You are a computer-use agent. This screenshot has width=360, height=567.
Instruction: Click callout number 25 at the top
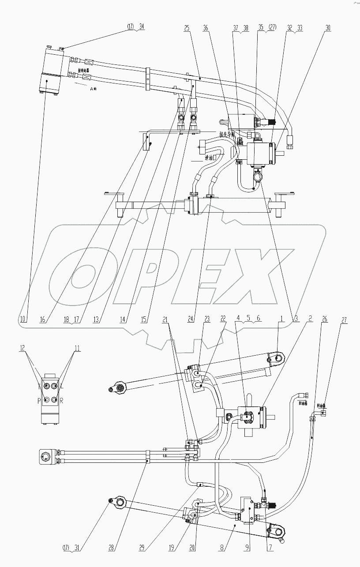(187, 27)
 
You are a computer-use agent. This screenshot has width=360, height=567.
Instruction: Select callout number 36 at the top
(206, 27)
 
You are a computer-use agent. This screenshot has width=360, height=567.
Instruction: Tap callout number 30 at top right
(328, 27)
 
